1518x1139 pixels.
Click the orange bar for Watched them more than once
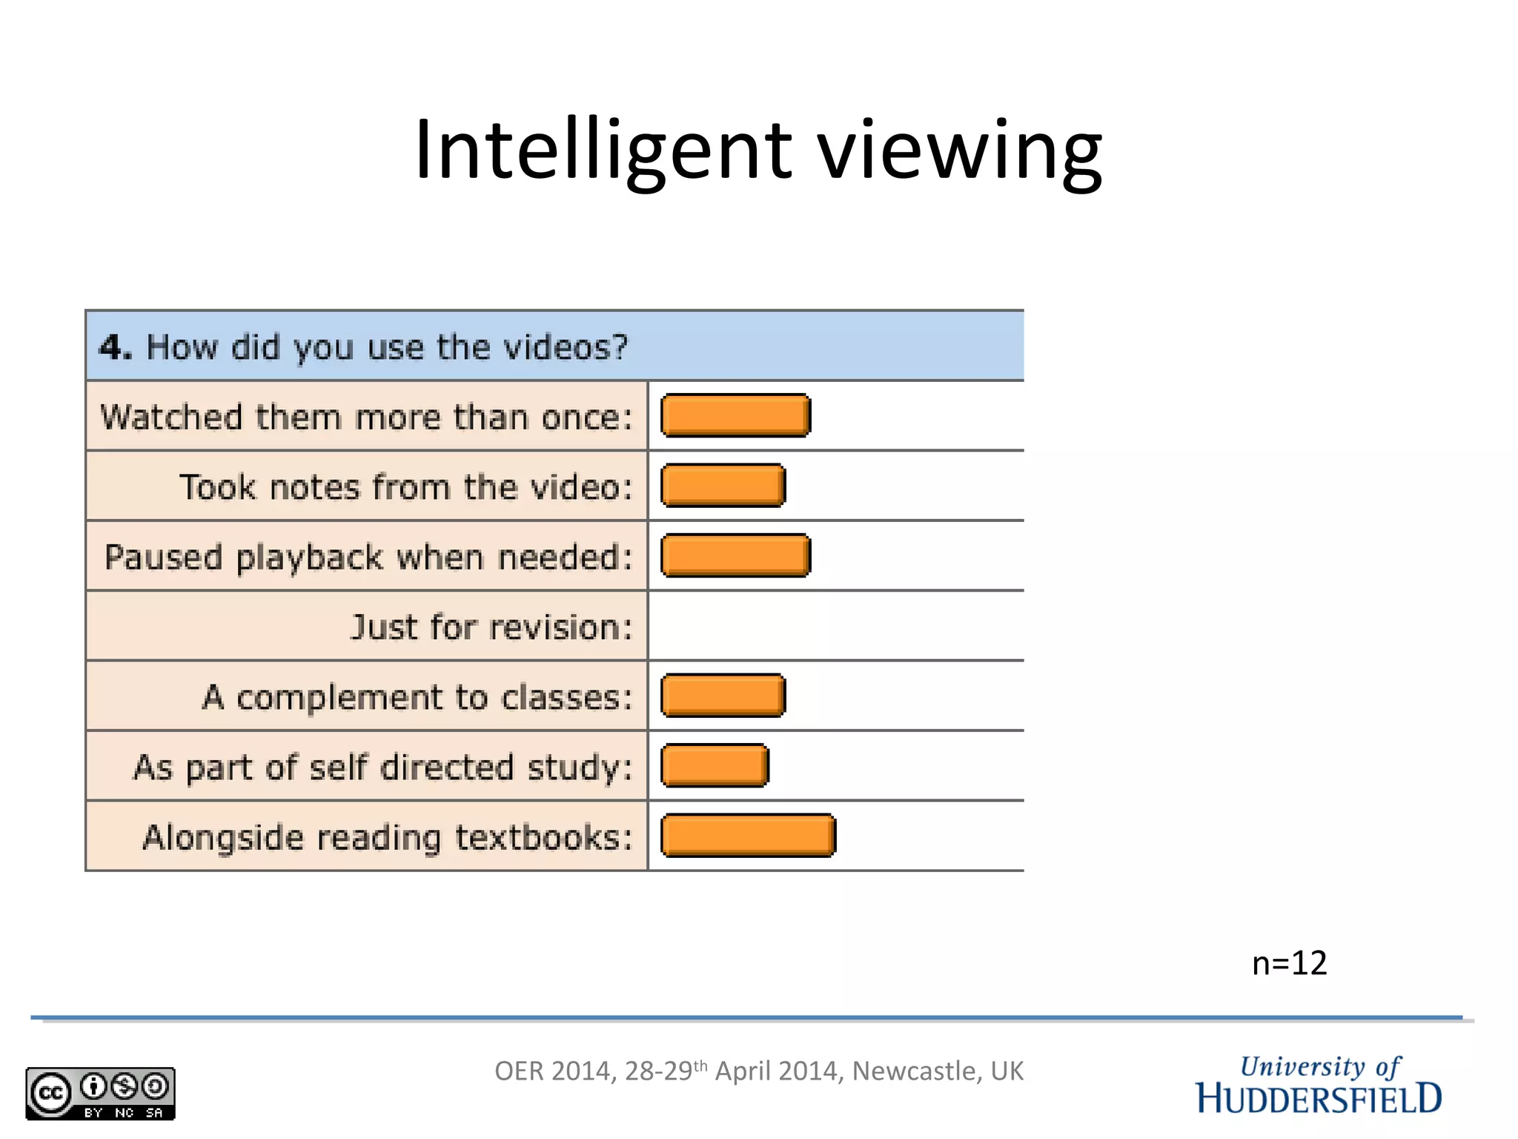tap(735, 415)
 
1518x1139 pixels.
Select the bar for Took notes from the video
tap(723, 486)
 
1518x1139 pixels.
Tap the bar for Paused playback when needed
tap(735, 555)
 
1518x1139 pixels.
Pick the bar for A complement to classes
tap(723, 696)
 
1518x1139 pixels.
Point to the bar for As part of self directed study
tap(715, 765)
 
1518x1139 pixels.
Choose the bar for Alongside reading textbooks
tap(748, 836)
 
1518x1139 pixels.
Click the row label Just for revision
tap(491, 627)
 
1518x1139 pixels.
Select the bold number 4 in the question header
tap(113, 347)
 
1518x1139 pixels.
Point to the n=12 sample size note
tap(1289, 963)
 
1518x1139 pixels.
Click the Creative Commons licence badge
tap(100, 1093)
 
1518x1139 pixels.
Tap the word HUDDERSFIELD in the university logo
tap(1319, 1099)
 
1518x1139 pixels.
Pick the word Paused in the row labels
tap(163, 557)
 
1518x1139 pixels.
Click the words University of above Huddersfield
tap(1320, 1067)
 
